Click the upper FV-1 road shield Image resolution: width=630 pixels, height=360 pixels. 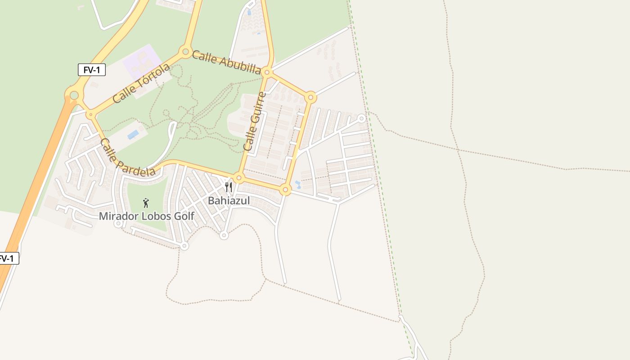[x=91, y=70]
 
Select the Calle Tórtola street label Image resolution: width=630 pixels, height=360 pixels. [x=141, y=83]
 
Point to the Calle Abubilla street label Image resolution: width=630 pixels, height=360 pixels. [x=226, y=62]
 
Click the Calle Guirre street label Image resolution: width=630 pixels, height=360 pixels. [x=254, y=121]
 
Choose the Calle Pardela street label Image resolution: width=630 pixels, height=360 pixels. [x=127, y=157]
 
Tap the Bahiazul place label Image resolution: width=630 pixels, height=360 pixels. [x=229, y=201]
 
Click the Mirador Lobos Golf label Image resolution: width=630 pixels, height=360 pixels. [x=146, y=216]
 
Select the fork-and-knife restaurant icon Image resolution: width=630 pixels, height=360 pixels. [x=229, y=187]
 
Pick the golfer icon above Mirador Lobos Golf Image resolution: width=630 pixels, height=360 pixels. [x=145, y=203]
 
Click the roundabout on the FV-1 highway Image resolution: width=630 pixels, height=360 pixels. [x=74, y=95]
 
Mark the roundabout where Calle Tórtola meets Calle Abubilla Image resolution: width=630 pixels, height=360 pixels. [x=185, y=52]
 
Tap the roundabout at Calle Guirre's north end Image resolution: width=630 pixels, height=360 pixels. [x=267, y=72]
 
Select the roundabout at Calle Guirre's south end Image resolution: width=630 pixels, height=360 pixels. [x=239, y=178]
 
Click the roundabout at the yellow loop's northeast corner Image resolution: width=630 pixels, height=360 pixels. [x=310, y=97]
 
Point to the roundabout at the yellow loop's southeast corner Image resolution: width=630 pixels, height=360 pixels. [x=285, y=189]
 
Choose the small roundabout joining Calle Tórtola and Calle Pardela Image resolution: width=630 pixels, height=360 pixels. [x=90, y=115]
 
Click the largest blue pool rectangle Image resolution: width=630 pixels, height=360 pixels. [x=133, y=135]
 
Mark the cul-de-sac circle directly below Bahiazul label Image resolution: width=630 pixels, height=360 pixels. [x=224, y=235]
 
